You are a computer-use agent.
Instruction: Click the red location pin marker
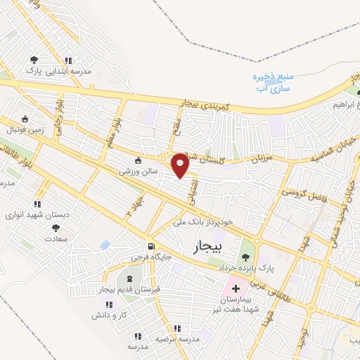point(180,166)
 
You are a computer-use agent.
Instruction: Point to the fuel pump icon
point(150,246)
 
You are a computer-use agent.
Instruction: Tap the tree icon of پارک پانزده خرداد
point(245,255)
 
